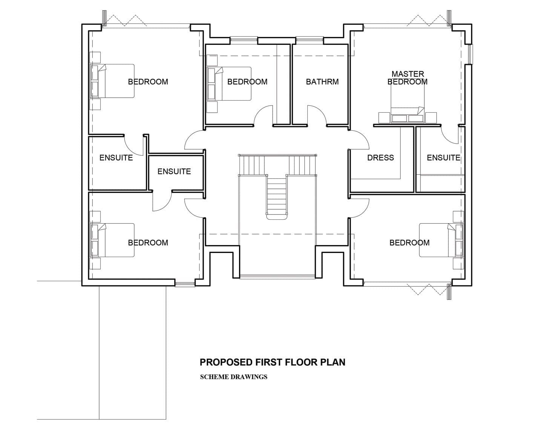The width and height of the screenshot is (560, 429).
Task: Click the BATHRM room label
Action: pos(322,82)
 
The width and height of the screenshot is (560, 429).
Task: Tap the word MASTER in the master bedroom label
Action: pos(408,74)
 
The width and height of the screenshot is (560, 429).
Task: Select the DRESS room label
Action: pos(380,158)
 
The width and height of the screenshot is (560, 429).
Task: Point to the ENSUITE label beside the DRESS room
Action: pos(443,158)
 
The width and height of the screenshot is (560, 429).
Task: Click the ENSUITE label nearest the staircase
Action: pos(174,172)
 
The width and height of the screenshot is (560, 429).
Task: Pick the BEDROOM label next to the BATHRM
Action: pos(247,82)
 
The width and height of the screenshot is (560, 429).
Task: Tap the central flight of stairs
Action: pos(277,196)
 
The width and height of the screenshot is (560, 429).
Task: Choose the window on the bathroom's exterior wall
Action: pos(309,40)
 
